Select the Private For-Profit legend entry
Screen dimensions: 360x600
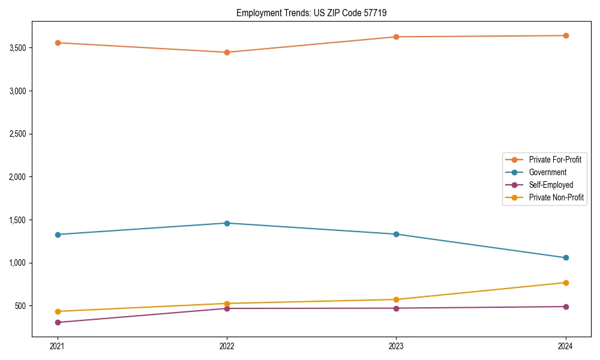coord(555,160)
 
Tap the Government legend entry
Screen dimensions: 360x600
coord(547,172)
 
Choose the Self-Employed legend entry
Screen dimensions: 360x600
coord(551,185)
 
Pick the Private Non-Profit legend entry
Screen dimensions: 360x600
coord(556,197)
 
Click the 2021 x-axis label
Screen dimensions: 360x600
coord(58,346)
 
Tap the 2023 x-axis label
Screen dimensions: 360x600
coord(396,346)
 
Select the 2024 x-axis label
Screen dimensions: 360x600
coord(565,346)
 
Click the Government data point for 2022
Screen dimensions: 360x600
coord(227,223)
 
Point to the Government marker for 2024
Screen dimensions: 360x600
coord(565,258)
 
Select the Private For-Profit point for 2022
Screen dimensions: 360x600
coord(227,52)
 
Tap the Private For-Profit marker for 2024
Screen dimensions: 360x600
coord(565,35)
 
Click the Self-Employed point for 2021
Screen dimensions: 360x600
coord(58,323)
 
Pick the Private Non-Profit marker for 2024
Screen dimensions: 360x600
coord(565,283)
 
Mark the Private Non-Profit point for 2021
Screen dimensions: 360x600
coord(58,311)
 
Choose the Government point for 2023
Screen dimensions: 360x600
coord(396,234)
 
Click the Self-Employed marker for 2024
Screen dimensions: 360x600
coord(565,307)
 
